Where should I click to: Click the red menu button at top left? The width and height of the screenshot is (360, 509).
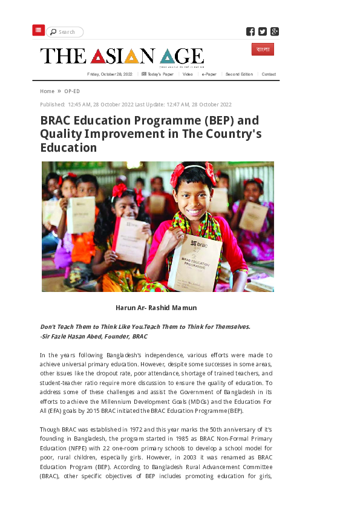point(39,30)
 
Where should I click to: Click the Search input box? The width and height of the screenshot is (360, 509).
point(65,32)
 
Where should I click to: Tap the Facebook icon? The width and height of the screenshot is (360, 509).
point(250,31)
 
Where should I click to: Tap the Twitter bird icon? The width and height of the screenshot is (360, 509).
point(263,31)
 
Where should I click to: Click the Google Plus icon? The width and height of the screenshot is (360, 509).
point(275,31)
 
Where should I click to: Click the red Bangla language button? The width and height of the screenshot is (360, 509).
point(263,49)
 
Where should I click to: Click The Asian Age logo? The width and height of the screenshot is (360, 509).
point(122,56)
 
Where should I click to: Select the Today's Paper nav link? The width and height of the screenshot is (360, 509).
point(159,74)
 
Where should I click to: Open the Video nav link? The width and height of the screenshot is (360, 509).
point(188,74)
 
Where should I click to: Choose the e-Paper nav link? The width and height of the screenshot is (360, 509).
point(209,74)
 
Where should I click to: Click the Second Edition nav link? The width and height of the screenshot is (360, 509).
point(239,74)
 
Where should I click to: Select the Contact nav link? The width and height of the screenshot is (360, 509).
point(269,74)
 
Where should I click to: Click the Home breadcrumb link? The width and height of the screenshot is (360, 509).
point(47,91)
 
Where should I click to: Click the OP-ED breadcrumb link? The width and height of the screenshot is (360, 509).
point(72,91)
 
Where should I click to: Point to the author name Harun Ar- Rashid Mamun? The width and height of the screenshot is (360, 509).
point(156,308)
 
